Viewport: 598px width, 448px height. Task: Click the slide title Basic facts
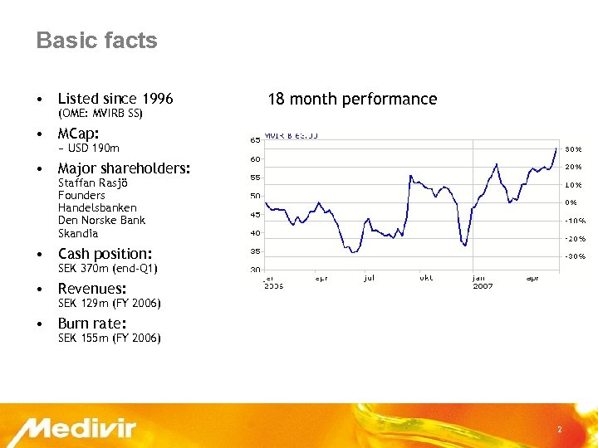[x=96, y=41]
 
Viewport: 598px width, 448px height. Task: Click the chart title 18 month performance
[x=351, y=100]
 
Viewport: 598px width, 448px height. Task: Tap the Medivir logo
[x=80, y=430]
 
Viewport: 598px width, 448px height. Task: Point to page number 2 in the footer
[x=559, y=430]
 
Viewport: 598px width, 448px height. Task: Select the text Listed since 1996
[x=115, y=99]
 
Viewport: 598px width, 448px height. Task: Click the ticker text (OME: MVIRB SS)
[x=100, y=114]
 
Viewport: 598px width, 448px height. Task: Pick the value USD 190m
[x=91, y=149]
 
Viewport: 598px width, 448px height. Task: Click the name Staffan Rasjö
[x=92, y=183]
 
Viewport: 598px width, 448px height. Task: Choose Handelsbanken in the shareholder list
[x=97, y=207]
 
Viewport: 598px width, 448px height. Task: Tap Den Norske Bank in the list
[x=101, y=220]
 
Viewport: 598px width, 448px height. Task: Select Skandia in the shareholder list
[x=78, y=233]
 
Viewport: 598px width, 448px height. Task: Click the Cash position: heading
[x=105, y=254]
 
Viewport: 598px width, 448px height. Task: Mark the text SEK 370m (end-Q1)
[x=107, y=269]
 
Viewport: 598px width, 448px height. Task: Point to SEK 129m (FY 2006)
[x=109, y=304]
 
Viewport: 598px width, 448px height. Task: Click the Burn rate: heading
[x=92, y=324]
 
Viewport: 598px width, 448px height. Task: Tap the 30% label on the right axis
[x=573, y=149]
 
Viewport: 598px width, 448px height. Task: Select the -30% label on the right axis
[x=575, y=256]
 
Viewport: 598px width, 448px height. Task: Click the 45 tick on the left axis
[x=256, y=214]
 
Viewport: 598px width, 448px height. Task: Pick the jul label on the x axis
[x=369, y=278]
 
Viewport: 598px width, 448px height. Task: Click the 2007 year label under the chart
[x=483, y=286]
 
